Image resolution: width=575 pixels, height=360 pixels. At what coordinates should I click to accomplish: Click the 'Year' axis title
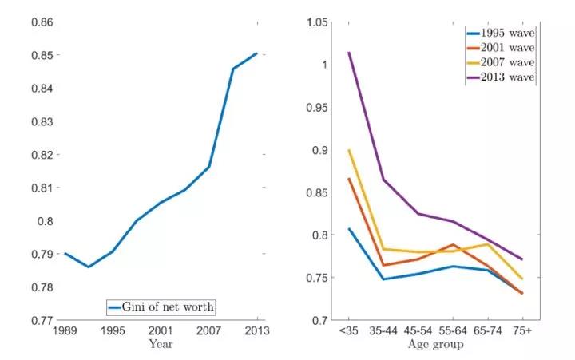click(161, 345)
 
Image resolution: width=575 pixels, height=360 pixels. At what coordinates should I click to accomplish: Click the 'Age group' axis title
click(436, 345)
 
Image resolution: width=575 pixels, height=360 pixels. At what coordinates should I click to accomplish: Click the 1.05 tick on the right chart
click(317, 22)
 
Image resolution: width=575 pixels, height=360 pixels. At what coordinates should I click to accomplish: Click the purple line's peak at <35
click(348, 53)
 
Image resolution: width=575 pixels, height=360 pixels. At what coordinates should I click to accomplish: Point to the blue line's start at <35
click(348, 229)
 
